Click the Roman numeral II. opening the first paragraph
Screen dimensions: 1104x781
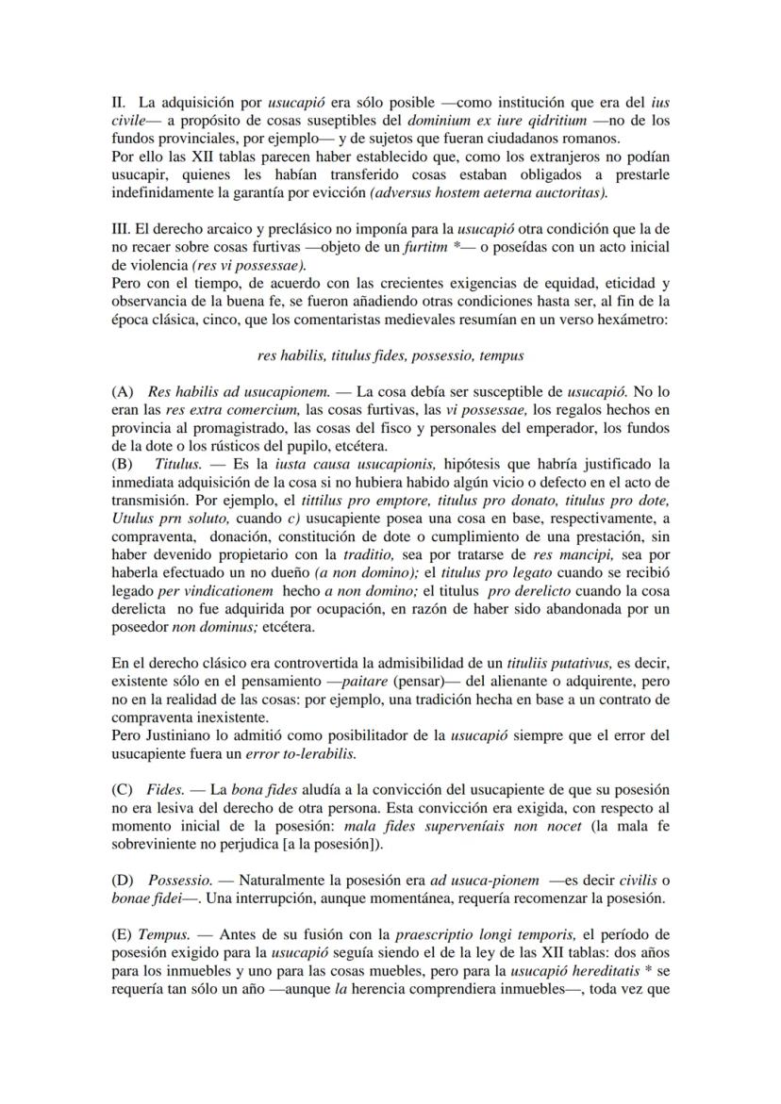click(x=118, y=101)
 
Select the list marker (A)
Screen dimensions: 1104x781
click(x=122, y=391)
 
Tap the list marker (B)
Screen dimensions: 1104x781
click(x=122, y=464)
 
